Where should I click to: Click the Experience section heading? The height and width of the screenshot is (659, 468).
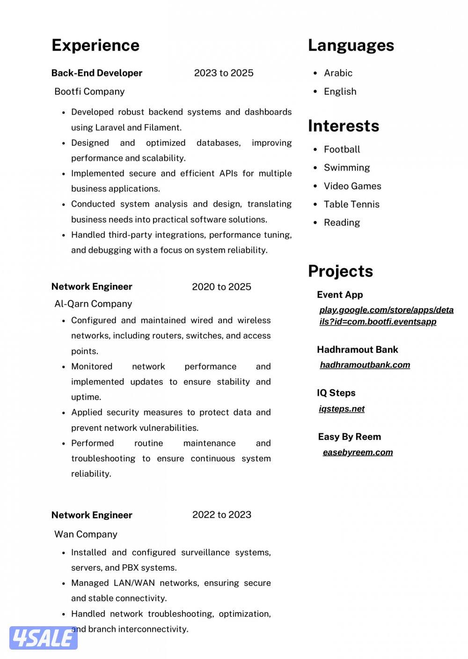point(95,45)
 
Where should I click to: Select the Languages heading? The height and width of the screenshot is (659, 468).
point(351,45)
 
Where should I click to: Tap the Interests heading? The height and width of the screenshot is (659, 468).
point(344,126)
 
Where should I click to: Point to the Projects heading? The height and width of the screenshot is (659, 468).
point(340,271)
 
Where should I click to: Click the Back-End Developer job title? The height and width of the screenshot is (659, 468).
point(97,73)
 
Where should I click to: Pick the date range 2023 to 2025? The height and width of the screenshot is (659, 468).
point(224,73)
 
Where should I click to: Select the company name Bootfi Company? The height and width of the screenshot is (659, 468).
point(89,91)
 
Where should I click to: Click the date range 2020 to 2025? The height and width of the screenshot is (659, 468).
point(221,287)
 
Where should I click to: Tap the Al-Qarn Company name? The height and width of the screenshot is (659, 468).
point(93,304)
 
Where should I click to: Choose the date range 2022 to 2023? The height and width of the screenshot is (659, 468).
point(222,515)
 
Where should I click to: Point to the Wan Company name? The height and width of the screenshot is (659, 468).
point(86,534)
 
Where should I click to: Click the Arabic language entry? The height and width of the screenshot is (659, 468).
point(338,73)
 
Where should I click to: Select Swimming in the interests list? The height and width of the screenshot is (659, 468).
point(347,168)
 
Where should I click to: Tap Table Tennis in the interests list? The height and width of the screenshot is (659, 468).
point(351,204)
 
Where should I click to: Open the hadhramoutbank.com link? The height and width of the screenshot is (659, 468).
point(365,365)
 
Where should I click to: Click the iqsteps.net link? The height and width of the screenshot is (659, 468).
point(342,409)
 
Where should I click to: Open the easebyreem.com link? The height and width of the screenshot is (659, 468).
point(358,452)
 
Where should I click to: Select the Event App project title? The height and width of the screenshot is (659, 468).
point(340,295)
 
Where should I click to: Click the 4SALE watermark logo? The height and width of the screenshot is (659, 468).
point(43,638)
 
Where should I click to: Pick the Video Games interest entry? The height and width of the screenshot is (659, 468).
point(352,186)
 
